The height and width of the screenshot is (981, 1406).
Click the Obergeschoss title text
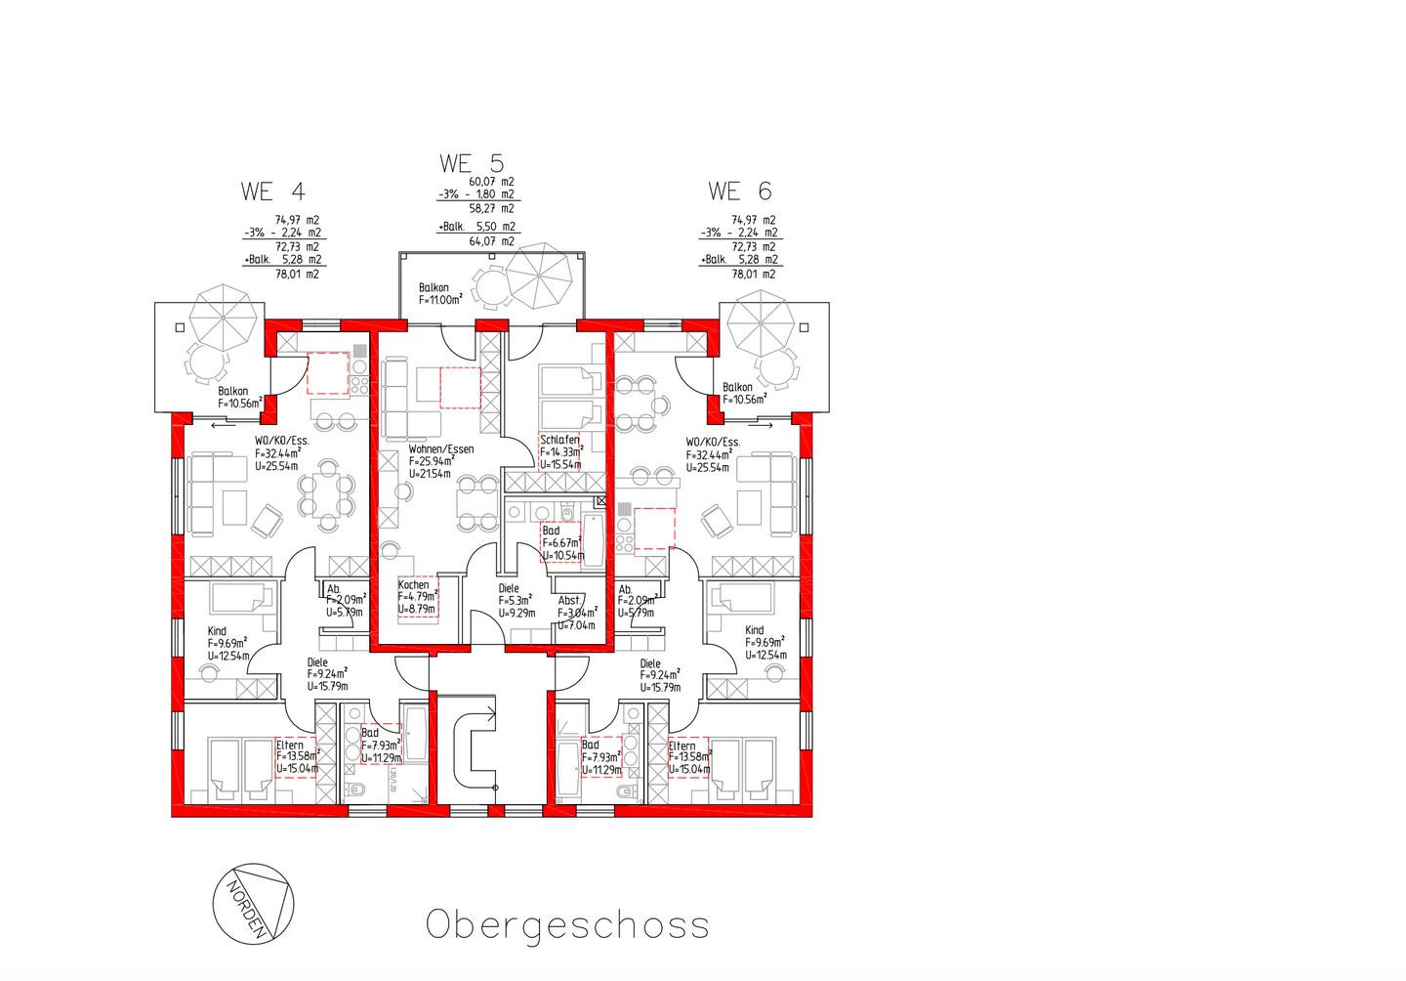tap(567, 925)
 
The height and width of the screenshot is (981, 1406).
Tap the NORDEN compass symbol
tap(253, 904)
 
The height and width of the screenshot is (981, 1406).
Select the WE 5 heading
tap(472, 163)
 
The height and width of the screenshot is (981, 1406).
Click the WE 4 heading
tap(273, 192)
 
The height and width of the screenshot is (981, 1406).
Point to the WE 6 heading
tap(740, 192)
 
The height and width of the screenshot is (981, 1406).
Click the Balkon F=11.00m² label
tap(440, 294)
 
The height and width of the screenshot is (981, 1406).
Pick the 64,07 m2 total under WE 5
tap(492, 241)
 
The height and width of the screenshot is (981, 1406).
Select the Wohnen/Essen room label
tap(440, 461)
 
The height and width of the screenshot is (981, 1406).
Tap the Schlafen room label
tap(560, 451)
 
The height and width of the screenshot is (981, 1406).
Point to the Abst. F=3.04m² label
tap(576, 613)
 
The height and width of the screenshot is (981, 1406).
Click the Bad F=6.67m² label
tap(561, 543)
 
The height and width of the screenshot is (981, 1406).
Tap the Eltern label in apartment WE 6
tap(688, 757)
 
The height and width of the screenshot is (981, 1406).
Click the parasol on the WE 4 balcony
tap(226, 317)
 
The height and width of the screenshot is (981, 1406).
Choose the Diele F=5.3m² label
tap(517, 601)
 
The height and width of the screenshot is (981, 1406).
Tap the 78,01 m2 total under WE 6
tap(754, 275)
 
